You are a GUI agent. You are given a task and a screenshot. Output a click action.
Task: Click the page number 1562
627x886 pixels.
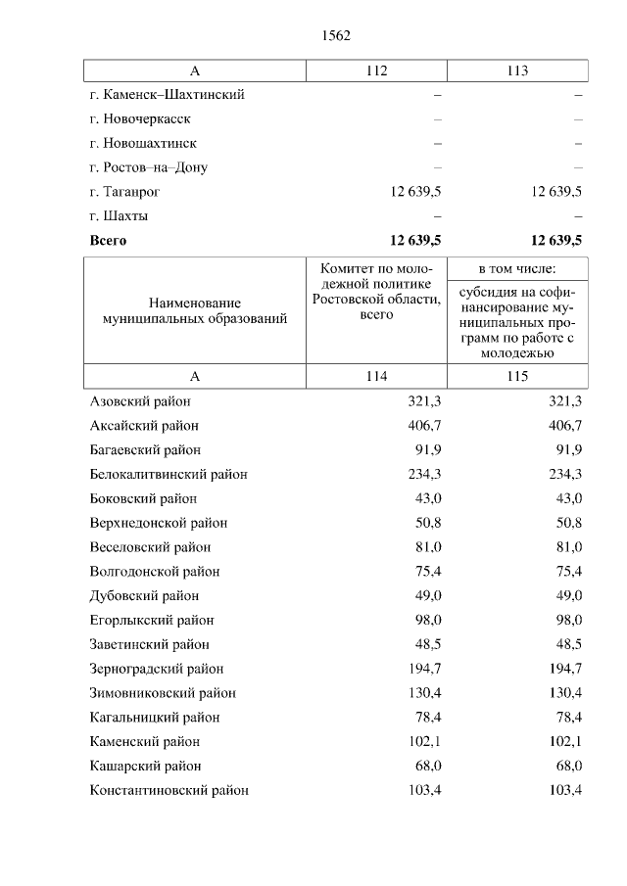click(x=335, y=35)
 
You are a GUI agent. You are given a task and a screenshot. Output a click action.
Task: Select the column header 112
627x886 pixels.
click(x=376, y=70)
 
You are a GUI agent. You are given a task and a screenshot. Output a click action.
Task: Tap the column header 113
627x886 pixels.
click(x=517, y=70)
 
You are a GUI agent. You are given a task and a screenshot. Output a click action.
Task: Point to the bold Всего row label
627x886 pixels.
click(x=108, y=240)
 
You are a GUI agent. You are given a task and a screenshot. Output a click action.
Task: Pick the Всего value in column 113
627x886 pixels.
click(x=556, y=240)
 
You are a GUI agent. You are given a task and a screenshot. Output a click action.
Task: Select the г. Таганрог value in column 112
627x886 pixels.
click(x=415, y=192)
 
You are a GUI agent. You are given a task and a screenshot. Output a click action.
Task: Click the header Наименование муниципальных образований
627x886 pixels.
click(x=195, y=311)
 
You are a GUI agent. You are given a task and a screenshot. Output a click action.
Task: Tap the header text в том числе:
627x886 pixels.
click(x=517, y=268)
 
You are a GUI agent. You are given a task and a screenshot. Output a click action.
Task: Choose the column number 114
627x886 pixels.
click(x=376, y=377)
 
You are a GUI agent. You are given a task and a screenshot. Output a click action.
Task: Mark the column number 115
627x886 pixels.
click(x=517, y=377)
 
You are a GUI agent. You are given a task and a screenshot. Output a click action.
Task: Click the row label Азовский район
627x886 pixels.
click(x=140, y=401)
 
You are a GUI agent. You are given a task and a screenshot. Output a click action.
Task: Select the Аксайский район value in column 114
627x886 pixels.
click(x=424, y=426)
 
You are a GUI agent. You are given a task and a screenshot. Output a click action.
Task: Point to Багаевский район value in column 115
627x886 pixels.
click(x=568, y=450)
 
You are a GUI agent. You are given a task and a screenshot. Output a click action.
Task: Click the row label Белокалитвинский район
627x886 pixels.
click(x=169, y=474)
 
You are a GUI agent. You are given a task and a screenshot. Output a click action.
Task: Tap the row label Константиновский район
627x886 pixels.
click(x=169, y=790)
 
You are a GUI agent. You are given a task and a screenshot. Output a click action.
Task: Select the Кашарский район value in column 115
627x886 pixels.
click(x=568, y=766)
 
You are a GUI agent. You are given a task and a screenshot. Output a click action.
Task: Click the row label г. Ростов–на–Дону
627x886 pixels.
click(x=148, y=167)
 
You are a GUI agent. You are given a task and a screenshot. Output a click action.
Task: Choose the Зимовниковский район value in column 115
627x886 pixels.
click(x=565, y=693)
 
